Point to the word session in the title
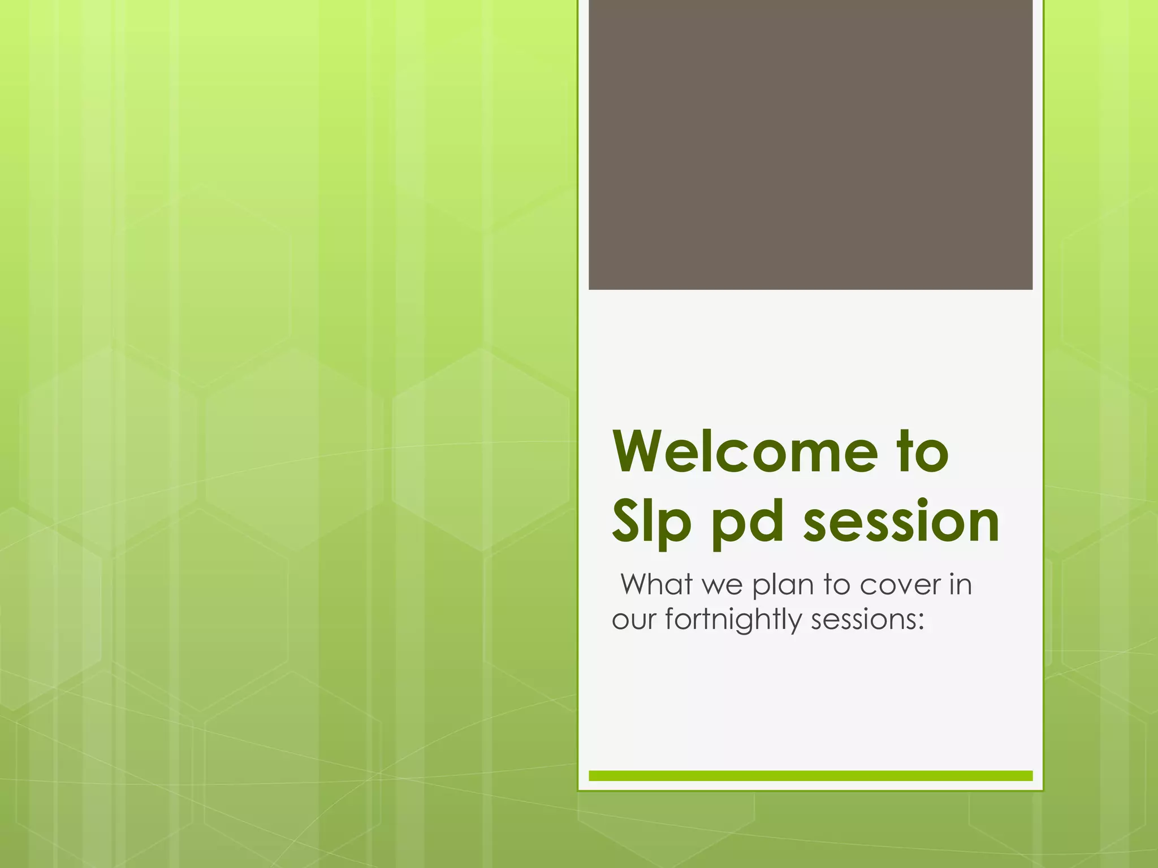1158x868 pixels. point(901,522)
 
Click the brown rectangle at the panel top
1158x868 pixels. point(810,144)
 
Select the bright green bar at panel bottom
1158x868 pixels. point(810,775)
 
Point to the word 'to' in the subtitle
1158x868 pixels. point(836,585)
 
